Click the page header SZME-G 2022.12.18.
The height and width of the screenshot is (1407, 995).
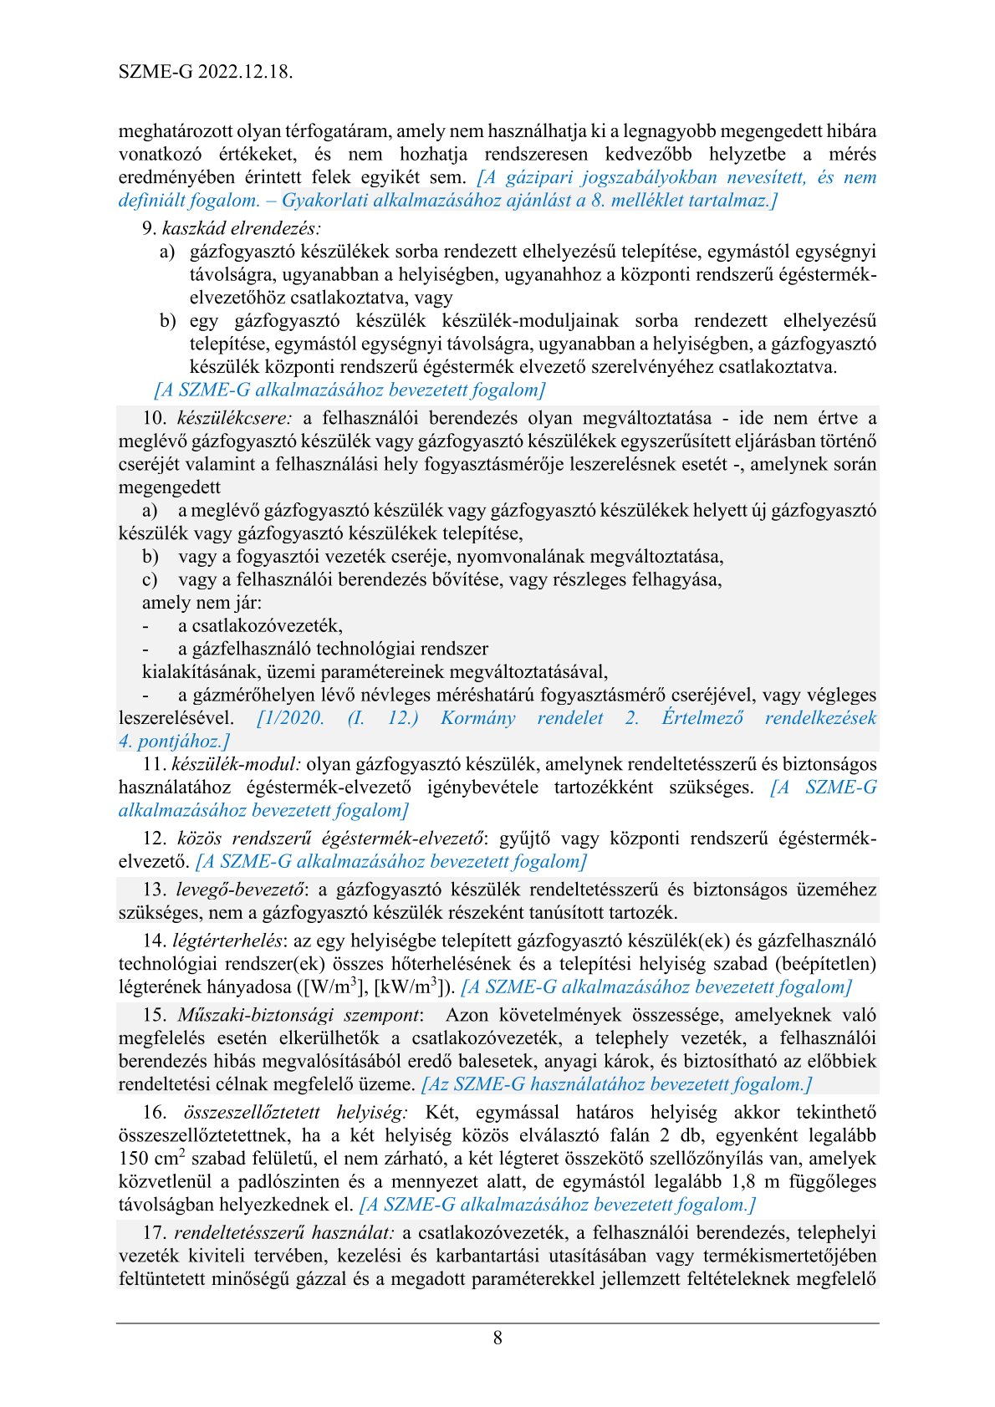coord(206,72)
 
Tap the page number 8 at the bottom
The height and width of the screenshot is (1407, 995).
coord(497,1338)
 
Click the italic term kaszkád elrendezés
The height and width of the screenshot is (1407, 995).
coord(242,228)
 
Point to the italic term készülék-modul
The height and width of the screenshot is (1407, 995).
coord(237,764)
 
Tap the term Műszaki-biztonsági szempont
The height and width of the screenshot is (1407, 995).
coord(298,1015)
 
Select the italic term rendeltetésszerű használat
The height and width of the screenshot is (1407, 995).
coord(284,1232)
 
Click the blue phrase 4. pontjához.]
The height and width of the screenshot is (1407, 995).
coord(174,741)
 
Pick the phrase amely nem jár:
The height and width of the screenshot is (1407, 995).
coord(202,603)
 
